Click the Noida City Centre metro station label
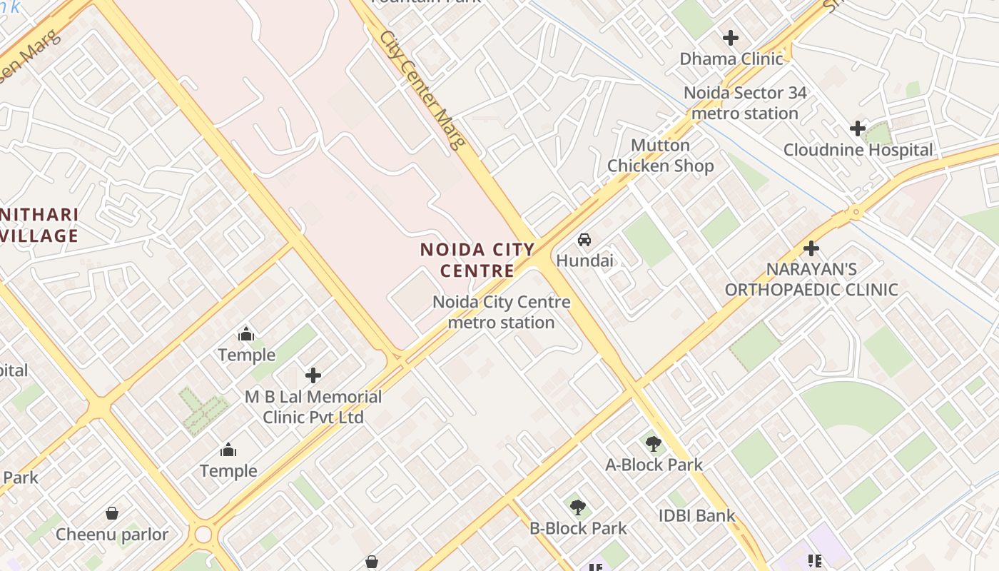pyautogui.click(x=501, y=312)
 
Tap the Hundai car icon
pyautogui.click(x=584, y=240)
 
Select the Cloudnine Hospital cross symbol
pyautogui.click(x=858, y=128)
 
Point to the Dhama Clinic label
pyautogui.click(x=731, y=59)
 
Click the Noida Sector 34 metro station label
pyautogui.click(x=745, y=103)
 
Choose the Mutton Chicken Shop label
pyautogui.click(x=660, y=156)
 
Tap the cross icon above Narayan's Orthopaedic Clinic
pyautogui.click(x=811, y=248)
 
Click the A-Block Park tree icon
pyautogui.click(x=653, y=444)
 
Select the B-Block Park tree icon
pyautogui.click(x=578, y=507)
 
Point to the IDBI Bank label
pyautogui.click(x=696, y=515)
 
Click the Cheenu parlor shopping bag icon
pyautogui.click(x=112, y=512)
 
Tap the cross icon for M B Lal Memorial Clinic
pyautogui.click(x=313, y=375)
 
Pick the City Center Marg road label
pyautogui.click(x=422, y=89)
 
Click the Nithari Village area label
pyautogui.click(x=39, y=225)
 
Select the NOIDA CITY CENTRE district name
pyautogui.click(x=477, y=260)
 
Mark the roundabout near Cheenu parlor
pyautogui.click(x=203, y=534)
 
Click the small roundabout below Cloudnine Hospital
pyautogui.click(x=854, y=212)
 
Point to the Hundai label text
pyautogui.click(x=584, y=261)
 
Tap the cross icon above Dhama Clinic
pyautogui.click(x=731, y=37)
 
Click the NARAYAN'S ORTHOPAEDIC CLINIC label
pyautogui.click(x=811, y=279)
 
